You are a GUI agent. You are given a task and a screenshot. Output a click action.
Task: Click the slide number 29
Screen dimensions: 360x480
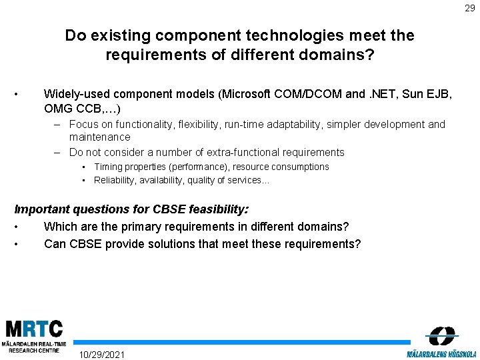coord(470,9)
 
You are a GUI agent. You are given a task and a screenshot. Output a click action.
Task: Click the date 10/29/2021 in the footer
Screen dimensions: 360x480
coord(101,354)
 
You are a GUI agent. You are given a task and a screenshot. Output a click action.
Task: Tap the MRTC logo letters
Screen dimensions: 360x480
coord(34,329)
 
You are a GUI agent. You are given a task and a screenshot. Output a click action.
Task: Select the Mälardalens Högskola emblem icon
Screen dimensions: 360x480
coord(441,336)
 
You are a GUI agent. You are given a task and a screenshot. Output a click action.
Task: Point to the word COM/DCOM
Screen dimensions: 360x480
coord(313,94)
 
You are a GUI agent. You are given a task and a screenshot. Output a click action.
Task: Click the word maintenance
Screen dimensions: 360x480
coord(100,137)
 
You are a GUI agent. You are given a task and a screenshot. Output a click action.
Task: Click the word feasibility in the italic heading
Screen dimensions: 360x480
coord(213,209)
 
